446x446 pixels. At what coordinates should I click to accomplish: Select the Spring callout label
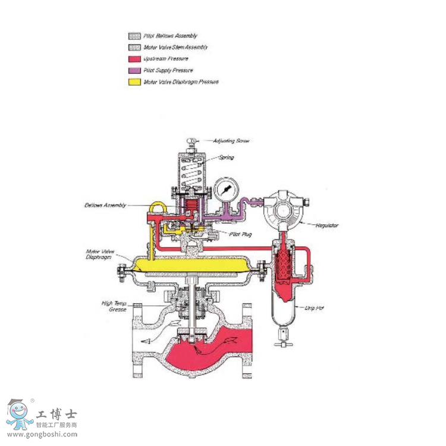pyautogui.click(x=225, y=158)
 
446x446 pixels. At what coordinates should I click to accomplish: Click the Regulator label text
pyautogui.click(x=327, y=226)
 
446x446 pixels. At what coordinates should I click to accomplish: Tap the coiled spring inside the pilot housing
pyautogui.click(x=192, y=172)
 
